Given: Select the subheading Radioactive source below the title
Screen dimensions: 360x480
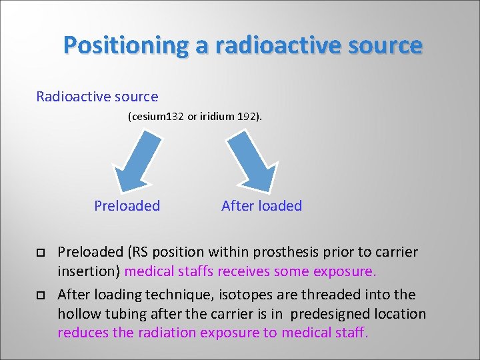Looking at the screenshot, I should pyautogui.click(x=97, y=97).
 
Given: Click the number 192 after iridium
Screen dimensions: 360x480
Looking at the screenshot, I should pyautogui.click(x=249, y=117).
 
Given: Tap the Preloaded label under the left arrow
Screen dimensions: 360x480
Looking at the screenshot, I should pyautogui.click(x=127, y=206).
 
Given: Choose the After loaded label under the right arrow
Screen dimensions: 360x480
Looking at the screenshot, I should pyautogui.click(x=261, y=206).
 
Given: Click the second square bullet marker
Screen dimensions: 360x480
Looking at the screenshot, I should pyautogui.click(x=40, y=296).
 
